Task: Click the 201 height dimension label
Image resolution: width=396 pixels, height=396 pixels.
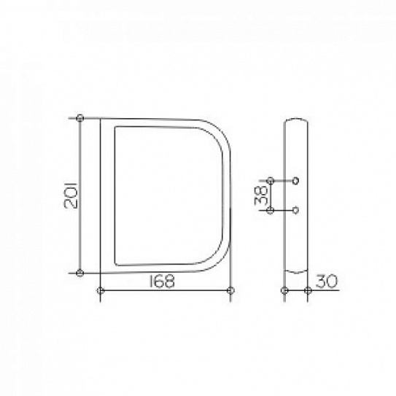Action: [71, 195]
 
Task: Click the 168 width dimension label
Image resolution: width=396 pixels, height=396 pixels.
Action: [162, 282]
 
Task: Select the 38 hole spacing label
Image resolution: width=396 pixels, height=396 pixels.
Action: [261, 195]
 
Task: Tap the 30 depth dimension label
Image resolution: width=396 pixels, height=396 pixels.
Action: [327, 282]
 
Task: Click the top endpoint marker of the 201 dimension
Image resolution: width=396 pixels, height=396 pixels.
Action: [79, 118]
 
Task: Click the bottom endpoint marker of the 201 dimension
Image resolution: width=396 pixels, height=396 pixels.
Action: [79, 273]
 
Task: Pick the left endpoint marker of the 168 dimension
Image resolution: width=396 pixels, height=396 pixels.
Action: [101, 290]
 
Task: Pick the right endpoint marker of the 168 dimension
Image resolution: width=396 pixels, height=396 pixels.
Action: [230, 290]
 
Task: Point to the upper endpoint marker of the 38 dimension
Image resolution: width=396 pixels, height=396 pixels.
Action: [271, 181]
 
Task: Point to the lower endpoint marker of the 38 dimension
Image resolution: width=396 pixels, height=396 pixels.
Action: [271, 210]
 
